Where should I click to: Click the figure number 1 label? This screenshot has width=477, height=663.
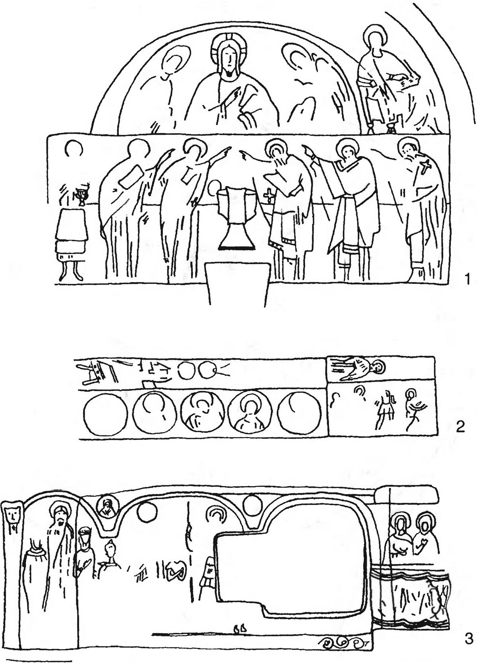[467, 279]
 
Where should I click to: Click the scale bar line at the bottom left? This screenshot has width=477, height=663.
[39, 659]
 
